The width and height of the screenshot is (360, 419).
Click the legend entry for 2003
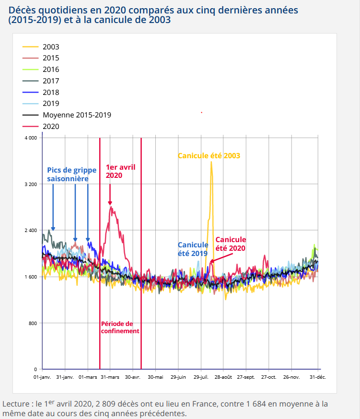(51, 47)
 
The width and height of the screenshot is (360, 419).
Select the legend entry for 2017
(51, 81)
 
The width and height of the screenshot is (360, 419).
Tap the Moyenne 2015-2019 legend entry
(77, 115)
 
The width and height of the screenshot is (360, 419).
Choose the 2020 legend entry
(51, 127)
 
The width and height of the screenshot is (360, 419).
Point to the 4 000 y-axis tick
(30, 138)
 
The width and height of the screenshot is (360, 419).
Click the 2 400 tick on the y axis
(30, 231)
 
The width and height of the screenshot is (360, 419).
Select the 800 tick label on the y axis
(33, 323)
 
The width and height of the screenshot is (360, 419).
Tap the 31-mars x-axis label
(110, 377)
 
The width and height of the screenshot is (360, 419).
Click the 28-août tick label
(223, 377)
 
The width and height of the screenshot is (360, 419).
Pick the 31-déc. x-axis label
(317, 377)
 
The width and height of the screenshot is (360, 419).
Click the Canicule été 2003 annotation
(209, 156)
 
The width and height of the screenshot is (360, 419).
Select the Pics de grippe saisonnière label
(71, 175)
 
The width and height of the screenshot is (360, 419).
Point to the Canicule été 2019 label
(193, 249)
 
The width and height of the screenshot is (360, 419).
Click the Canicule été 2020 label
(231, 244)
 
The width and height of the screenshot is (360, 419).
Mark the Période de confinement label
(120, 327)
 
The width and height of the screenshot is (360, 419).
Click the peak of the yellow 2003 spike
(211, 162)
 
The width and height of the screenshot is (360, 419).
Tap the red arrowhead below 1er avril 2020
(110, 203)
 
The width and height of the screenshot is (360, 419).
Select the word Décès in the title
(23, 10)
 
